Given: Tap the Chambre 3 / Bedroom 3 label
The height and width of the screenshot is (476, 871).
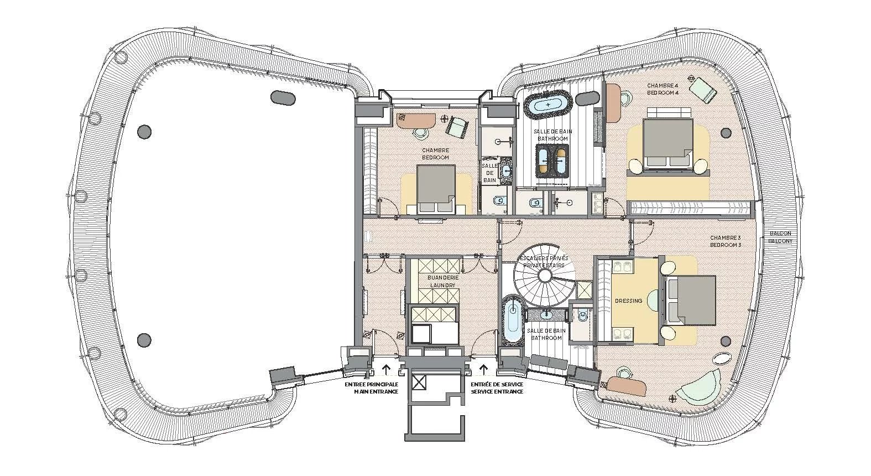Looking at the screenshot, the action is tap(726, 241).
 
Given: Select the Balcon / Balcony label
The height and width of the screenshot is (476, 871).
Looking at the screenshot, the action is tap(780, 237).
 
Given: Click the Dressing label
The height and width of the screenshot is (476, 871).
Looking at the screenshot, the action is tap(628, 301).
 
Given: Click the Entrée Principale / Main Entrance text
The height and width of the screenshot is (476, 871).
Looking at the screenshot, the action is tap(371, 388).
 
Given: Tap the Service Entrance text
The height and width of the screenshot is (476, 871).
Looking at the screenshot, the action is tap(497, 391).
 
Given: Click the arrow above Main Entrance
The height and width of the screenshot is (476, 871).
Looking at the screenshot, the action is tap(386, 369).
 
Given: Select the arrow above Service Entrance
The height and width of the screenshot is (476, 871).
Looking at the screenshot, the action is tap(484, 369).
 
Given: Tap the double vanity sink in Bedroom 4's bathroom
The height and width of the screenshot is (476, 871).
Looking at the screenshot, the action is tap(552, 161).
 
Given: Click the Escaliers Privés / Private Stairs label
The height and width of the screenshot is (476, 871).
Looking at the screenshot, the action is tap(543, 262).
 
